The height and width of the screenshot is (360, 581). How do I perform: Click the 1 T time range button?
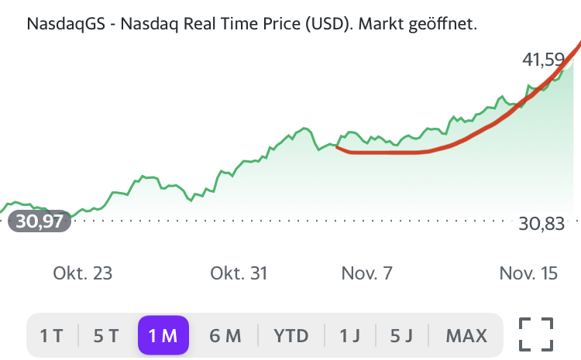pos(51,335)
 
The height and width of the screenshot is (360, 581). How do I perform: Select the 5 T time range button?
pos(106,335)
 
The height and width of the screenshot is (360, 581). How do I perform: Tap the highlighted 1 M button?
pos(163,335)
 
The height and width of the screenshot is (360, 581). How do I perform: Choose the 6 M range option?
pos(225,335)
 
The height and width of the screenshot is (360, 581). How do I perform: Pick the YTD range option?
pos(291,335)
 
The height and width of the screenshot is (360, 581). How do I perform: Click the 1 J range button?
pos(350,335)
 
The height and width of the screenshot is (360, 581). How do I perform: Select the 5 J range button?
pos(402,335)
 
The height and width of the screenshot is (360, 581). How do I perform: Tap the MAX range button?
pos(466,335)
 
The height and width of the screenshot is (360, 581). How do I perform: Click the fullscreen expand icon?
pos(536,334)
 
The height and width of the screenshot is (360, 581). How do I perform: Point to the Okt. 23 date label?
pos(83,273)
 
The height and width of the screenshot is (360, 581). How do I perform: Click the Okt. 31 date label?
pos(239,273)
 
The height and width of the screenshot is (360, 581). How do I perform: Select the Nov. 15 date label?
pos(529,273)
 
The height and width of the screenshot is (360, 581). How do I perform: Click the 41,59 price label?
pos(545,59)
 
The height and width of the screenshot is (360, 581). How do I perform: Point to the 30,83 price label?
pos(542,224)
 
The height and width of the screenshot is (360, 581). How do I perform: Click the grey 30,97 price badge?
pos(40,221)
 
